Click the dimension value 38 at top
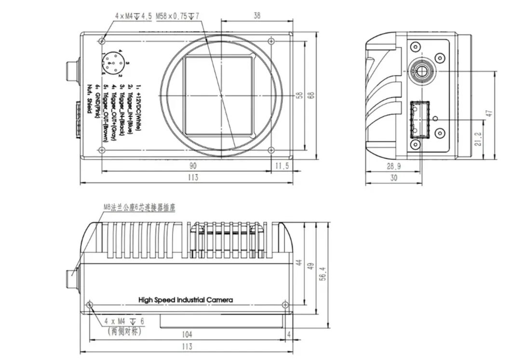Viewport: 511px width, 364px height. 256,16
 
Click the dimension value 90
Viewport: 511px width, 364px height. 193,165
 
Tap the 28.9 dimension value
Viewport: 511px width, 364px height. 393,167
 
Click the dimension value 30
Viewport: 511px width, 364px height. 393,178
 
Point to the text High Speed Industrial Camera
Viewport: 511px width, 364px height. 186,300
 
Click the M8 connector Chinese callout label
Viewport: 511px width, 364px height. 139,208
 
